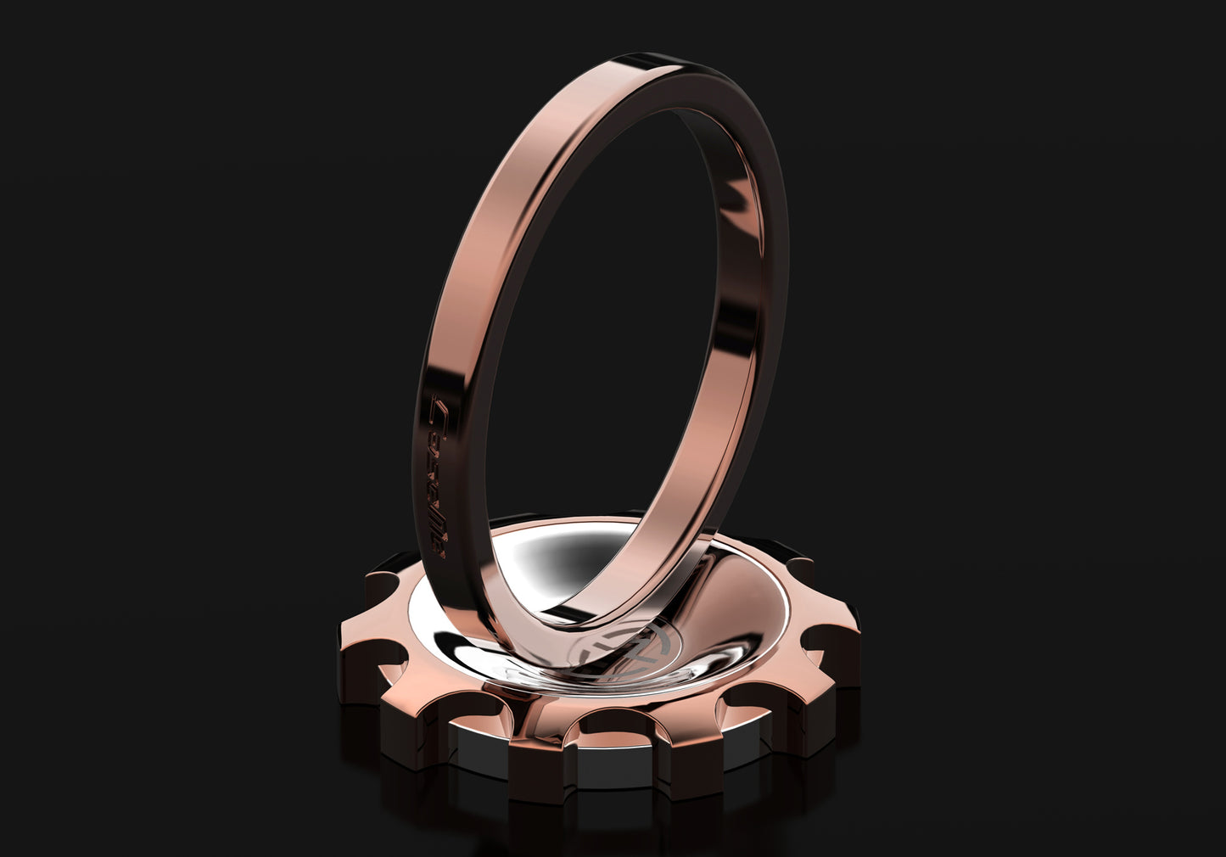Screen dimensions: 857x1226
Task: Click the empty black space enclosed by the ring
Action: (x=594, y=339)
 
